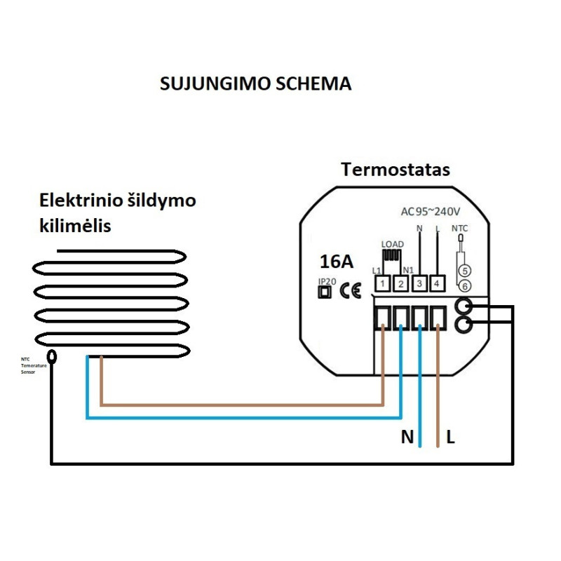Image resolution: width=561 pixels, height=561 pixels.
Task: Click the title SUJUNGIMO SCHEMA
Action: [x=255, y=84]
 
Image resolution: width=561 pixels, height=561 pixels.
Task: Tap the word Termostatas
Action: [x=396, y=170]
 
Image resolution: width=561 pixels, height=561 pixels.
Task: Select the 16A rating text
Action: [x=337, y=262]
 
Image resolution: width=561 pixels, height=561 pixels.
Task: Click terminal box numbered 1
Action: [x=383, y=283]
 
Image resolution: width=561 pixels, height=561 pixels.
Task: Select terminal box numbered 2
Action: [x=401, y=283]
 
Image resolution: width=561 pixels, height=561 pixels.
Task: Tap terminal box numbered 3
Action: [x=419, y=283]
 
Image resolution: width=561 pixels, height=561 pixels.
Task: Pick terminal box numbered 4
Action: [x=438, y=283]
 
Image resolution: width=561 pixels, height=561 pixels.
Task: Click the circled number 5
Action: [x=463, y=271]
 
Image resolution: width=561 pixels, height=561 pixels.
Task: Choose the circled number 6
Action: [x=463, y=285]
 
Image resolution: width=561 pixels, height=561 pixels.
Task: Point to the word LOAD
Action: [x=393, y=245]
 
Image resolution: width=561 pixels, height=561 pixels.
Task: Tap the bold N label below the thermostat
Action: [x=407, y=438]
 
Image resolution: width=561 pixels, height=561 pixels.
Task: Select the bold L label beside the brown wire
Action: [x=451, y=438]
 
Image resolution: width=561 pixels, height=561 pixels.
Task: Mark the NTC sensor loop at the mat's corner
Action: [x=53, y=356]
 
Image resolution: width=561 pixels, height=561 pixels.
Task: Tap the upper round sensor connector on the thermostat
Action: [x=464, y=306]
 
